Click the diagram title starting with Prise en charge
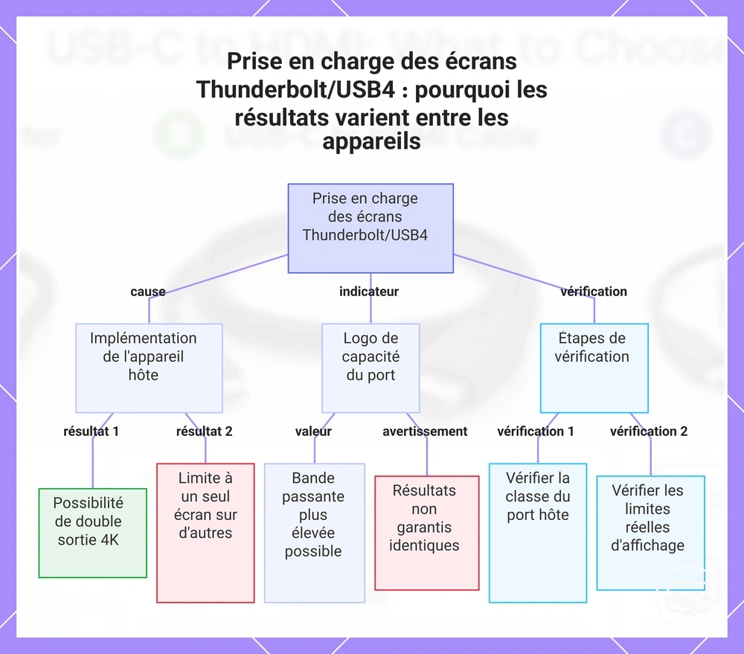[371, 100]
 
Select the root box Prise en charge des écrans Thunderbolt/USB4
[371, 228]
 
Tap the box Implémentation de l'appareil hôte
[149, 368]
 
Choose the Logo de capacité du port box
[371, 368]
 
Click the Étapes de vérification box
[594, 368]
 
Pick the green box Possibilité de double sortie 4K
[92, 533]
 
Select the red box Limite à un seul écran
[205, 533]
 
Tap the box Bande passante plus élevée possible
[315, 533]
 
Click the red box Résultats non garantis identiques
[427, 533]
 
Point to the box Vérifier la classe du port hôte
[538, 533]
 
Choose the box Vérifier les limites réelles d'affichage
[650, 533]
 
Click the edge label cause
[148, 292]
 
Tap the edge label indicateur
[369, 292]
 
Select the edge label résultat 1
[91, 432]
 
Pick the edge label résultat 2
[204, 432]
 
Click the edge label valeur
[313, 432]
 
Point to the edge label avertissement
[425, 432]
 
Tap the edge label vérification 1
[536, 432]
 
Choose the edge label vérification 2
[649, 432]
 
